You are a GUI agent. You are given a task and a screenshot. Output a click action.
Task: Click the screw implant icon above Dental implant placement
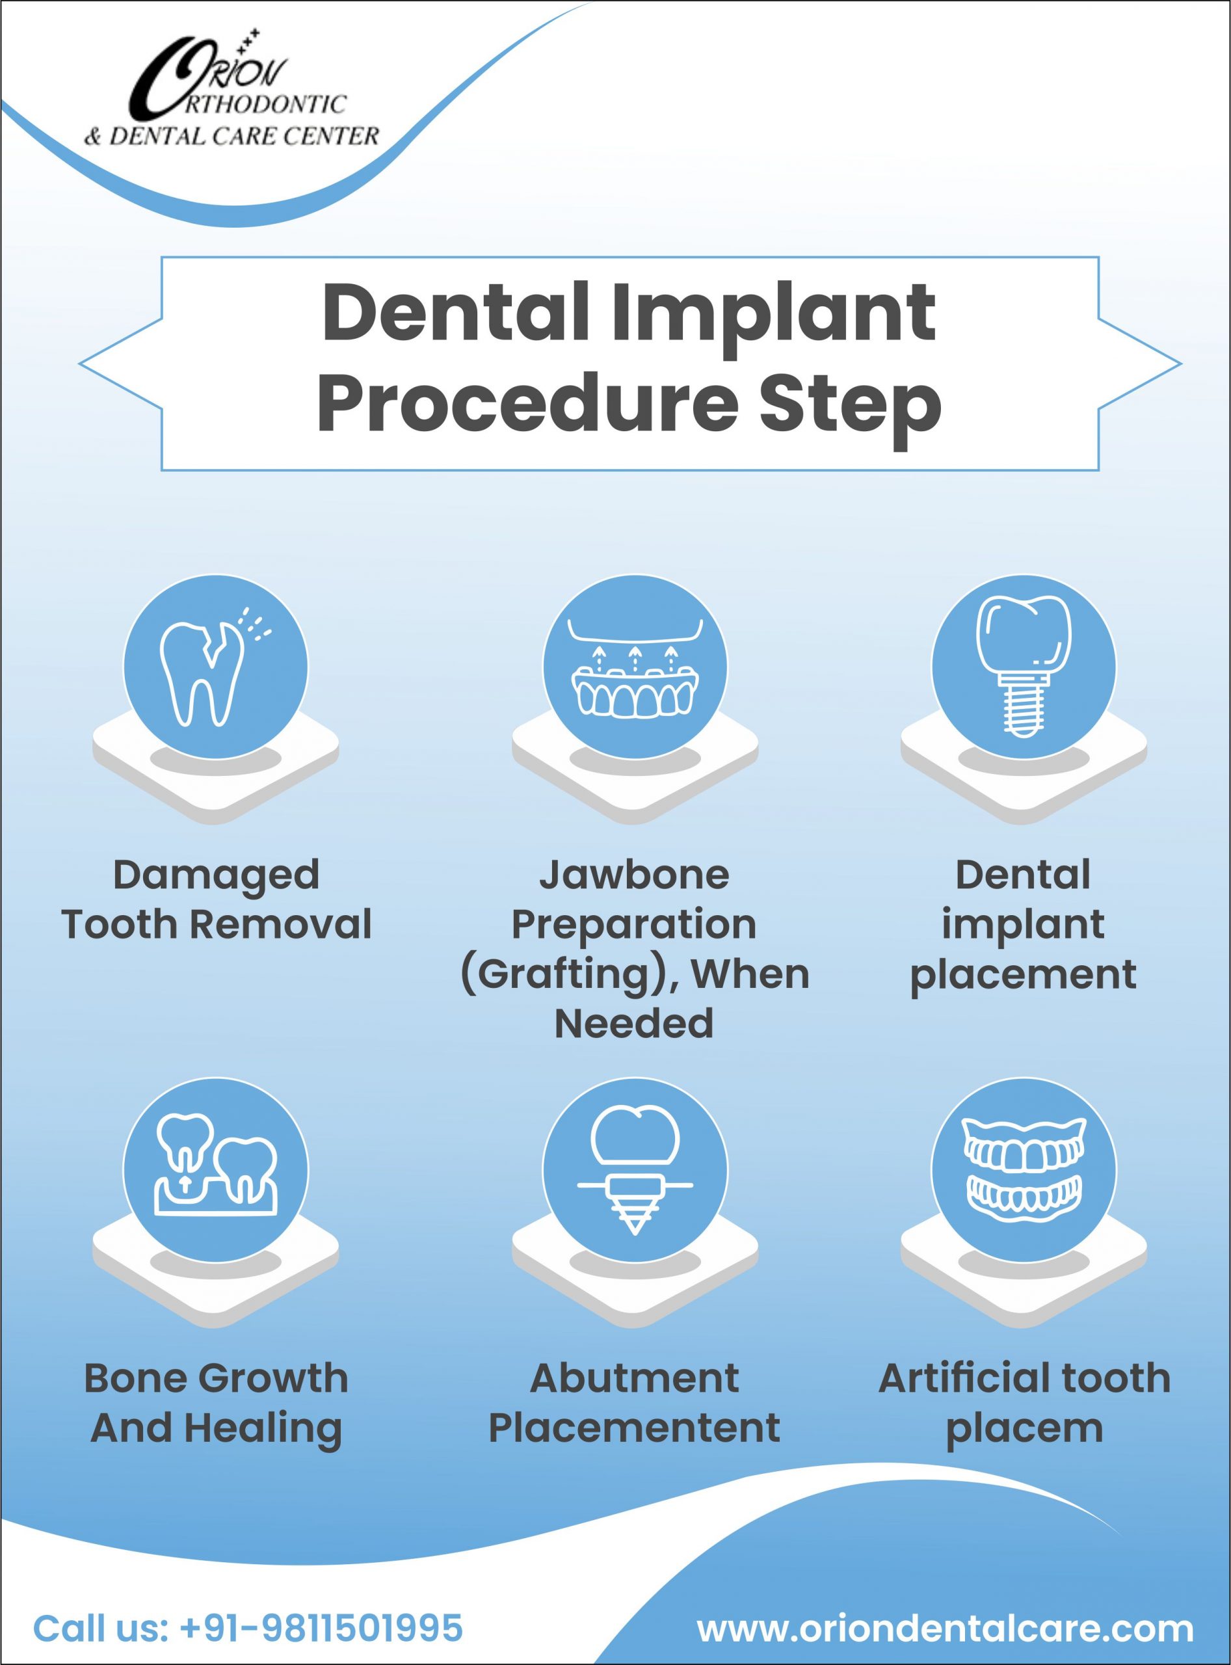click(x=1024, y=665)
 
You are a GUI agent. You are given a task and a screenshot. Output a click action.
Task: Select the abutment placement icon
click(x=635, y=1170)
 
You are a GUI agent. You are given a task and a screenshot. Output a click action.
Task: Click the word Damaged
click(x=216, y=875)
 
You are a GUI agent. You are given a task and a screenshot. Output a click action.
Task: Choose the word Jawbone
click(x=634, y=874)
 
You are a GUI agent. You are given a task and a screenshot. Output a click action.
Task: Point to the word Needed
click(x=634, y=1023)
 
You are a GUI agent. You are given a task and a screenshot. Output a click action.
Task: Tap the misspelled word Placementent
click(x=634, y=1428)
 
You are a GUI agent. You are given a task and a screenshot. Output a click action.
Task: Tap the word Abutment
click(x=635, y=1378)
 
